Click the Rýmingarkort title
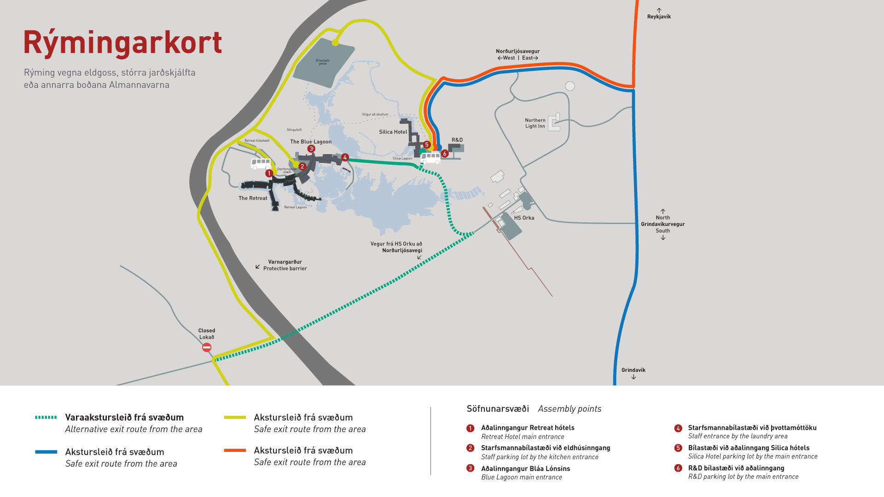click(x=122, y=43)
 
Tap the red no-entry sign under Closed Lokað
click(x=207, y=347)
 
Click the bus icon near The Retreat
click(x=261, y=163)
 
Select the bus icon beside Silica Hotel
click(x=431, y=158)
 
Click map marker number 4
click(x=345, y=157)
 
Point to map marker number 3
click(x=311, y=149)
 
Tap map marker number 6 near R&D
click(x=445, y=154)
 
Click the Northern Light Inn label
click(x=535, y=123)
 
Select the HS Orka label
click(x=524, y=218)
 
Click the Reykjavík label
click(x=659, y=17)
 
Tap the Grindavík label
click(x=634, y=370)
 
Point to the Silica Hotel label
click(x=393, y=132)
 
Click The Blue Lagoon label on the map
click(x=311, y=142)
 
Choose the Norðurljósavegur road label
click(x=518, y=52)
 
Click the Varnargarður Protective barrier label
click(x=285, y=265)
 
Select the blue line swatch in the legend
click(x=46, y=452)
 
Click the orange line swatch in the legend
click(x=235, y=451)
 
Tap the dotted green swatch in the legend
click(x=46, y=417)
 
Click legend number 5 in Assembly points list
click(x=678, y=448)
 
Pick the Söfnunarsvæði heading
click(x=498, y=409)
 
